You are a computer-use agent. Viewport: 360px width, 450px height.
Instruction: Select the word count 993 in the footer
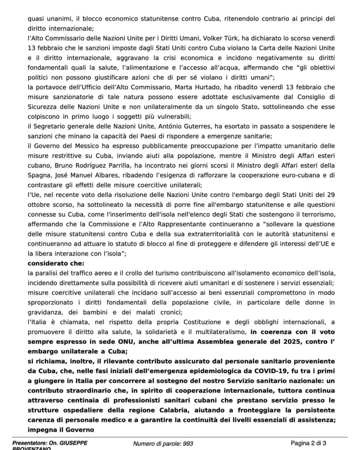(187, 443)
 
